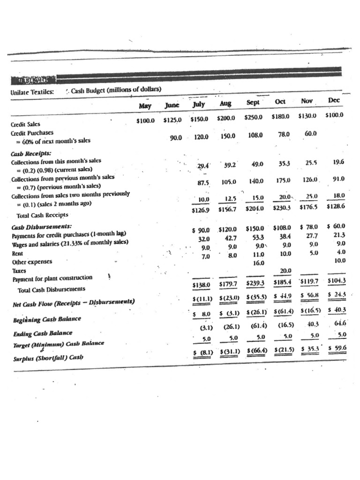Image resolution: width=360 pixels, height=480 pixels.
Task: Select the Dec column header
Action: tap(334, 100)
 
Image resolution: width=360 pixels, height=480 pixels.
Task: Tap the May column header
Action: tap(145, 106)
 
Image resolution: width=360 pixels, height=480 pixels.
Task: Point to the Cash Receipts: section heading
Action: tap(31, 153)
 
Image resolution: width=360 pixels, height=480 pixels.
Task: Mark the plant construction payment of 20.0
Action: tap(285, 270)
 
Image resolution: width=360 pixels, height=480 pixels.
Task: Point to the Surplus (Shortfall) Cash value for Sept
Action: tap(255, 350)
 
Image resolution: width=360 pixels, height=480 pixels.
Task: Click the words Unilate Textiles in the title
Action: tap(32, 92)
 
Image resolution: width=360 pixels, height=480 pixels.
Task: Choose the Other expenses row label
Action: tap(32, 262)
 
